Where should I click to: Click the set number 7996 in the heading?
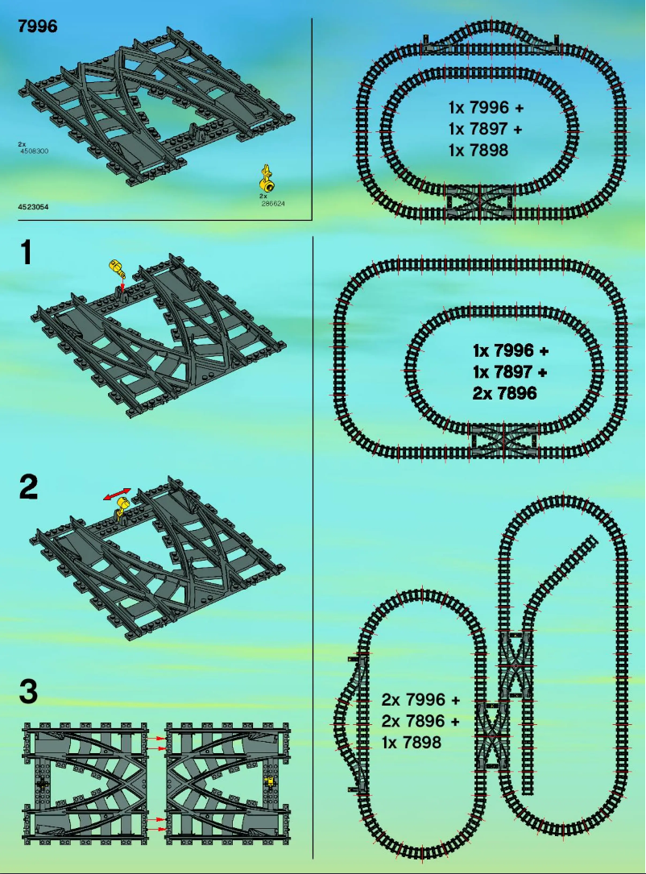[37, 27]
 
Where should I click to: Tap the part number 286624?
[274, 204]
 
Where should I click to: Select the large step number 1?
[27, 253]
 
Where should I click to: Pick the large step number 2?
[28, 487]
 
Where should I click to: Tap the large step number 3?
[28, 692]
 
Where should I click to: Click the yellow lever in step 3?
[270, 781]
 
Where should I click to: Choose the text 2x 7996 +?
[420, 699]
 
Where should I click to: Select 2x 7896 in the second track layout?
[504, 394]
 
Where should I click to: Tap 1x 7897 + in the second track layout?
[510, 372]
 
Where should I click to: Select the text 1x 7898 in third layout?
[412, 743]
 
